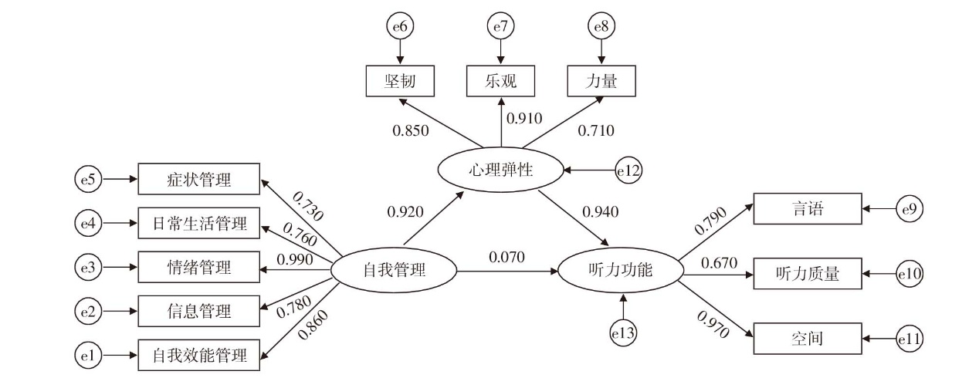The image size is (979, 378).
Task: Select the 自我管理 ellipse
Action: click(394, 271)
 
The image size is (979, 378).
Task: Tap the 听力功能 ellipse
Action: click(620, 271)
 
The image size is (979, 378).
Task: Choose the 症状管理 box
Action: click(199, 180)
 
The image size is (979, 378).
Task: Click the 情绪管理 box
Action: click(199, 268)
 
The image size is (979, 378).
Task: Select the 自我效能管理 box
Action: click(199, 356)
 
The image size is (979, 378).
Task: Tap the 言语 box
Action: click(807, 208)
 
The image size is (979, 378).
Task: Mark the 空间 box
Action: click(807, 338)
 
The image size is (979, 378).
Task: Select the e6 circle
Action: click(400, 27)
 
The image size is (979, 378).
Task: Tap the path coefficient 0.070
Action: click(506, 255)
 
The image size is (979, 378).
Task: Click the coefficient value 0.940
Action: click(599, 211)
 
